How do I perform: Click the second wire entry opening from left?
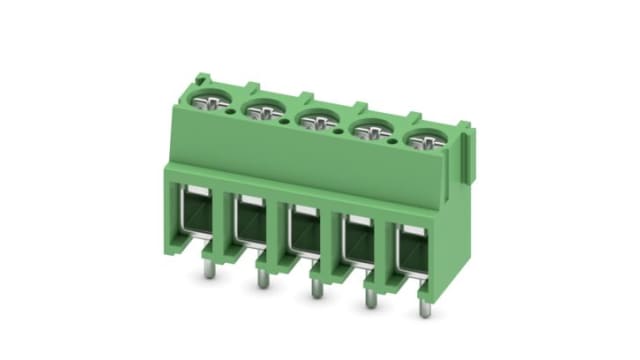click(x=248, y=226)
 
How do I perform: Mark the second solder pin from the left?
click(x=263, y=279)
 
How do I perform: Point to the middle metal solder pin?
click(x=316, y=288)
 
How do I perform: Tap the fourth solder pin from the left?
click(x=371, y=298)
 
